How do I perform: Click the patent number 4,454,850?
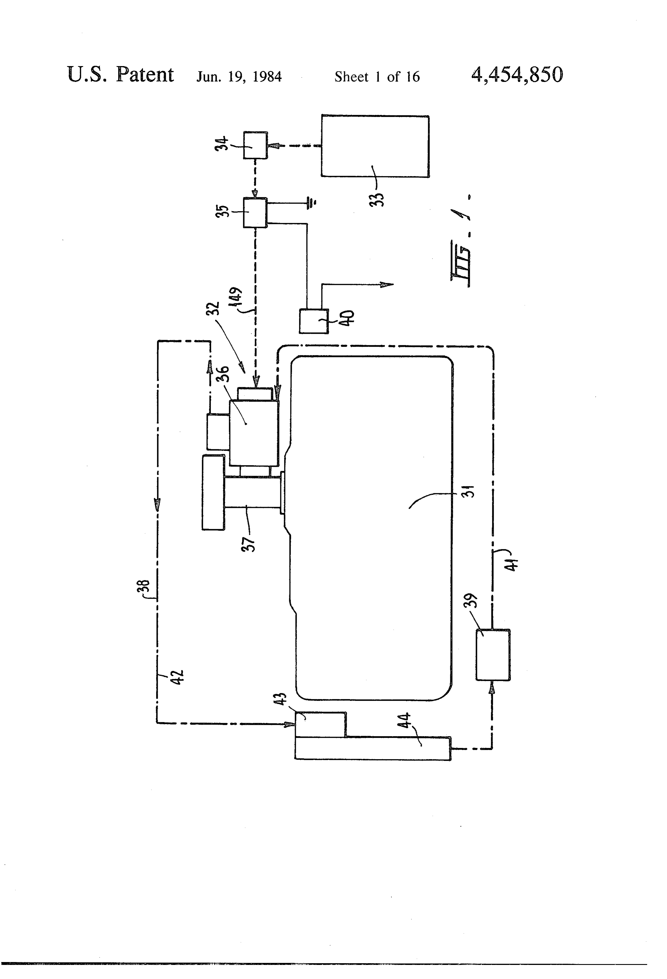(x=517, y=75)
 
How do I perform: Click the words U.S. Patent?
(x=120, y=75)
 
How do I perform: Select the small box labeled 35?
(x=255, y=213)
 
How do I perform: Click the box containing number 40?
(x=314, y=321)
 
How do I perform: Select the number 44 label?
(x=404, y=721)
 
